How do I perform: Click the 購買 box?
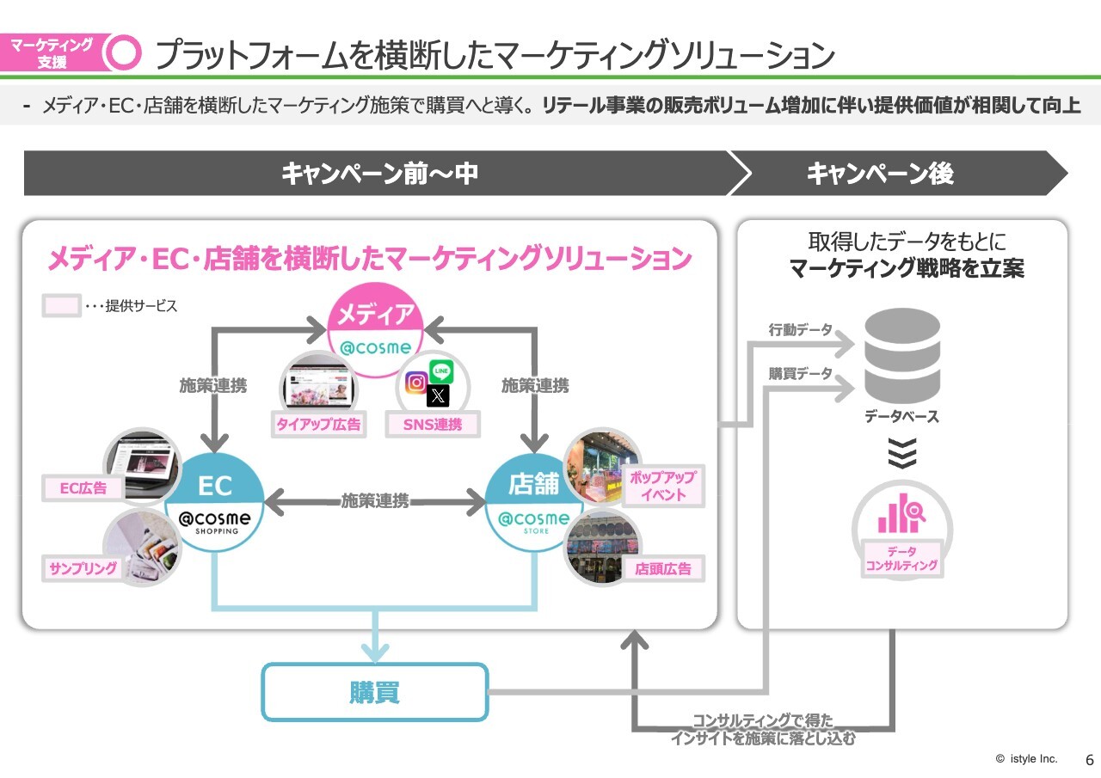(x=374, y=692)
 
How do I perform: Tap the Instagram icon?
(x=416, y=383)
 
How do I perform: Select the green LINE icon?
(x=441, y=372)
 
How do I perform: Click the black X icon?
(x=439, y=395)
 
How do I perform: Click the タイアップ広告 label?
(x=318, y=423)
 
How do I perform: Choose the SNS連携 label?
(x=433, y=424)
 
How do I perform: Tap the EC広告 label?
(x=83, y=488)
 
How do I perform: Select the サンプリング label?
(x=83, y=569)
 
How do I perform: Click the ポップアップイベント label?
(x=662, y=486)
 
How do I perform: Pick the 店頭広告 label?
(x=662, y=568)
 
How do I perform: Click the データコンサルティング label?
(x=901, y=560)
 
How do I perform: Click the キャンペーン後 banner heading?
(x=880, y=174)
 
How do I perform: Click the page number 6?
(x=1089, y=760)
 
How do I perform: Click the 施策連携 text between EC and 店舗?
(x=375, y=501)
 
